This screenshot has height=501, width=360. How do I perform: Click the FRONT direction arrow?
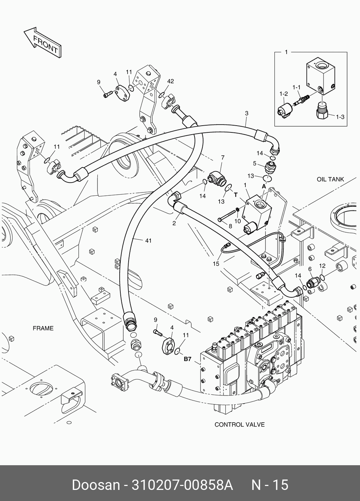[41, 42]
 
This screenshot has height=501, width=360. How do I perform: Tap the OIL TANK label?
[330, 179]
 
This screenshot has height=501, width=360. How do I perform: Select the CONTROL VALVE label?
[239, 424]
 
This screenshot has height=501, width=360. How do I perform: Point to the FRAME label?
[43, 328]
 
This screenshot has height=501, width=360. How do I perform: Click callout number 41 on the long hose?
[148, 240]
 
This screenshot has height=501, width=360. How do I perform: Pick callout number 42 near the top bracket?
[170, 81]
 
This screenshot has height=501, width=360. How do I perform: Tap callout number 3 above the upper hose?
[246, 113]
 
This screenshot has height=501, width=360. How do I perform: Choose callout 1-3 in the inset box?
[340, 116]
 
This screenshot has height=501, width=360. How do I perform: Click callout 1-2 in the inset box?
[284, 94]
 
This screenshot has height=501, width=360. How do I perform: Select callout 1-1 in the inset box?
[296, 87]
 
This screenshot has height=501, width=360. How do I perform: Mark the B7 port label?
[188, 359]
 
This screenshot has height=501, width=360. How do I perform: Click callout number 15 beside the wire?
[216, 264]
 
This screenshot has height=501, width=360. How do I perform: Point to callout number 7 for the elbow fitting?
[222, 157]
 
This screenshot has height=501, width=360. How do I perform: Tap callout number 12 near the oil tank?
[322, 266]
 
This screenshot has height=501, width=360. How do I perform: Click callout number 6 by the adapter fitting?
[310, 269]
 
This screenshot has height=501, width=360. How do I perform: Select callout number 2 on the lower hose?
[174, 224]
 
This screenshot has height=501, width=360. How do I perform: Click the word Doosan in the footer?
[96, 485]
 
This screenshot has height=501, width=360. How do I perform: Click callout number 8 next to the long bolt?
[230, 226]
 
